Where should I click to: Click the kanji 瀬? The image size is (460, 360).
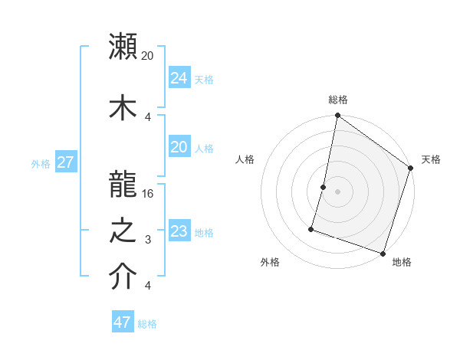tap(123, 46)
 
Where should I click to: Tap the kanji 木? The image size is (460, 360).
tap(123, 108)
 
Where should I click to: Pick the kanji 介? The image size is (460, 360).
tap(123, 277)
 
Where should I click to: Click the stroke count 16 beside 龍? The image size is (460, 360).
tap(149, 193)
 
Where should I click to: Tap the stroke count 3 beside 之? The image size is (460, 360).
tap(148, 240)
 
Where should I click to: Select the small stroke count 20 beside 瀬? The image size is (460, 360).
tap(148, 55)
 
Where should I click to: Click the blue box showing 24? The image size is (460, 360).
tap(179, 77)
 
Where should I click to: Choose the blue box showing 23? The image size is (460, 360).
tap(179, 231)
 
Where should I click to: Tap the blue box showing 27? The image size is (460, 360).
tap(66, 162)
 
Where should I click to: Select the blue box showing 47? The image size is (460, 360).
tap(122, 322)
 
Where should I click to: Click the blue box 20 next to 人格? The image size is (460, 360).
tap(179, 147)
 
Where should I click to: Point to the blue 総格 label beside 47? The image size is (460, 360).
tap(147, 324)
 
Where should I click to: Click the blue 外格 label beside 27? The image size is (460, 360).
tap(41, 164)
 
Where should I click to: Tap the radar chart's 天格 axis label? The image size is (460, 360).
tap(431, 159)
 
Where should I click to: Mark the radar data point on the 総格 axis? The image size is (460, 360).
tap(337, 116)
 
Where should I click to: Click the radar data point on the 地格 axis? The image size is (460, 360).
tap(383, 252)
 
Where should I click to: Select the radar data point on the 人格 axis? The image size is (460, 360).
tap(324, 187)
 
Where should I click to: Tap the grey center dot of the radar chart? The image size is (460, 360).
tap(337, 191)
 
